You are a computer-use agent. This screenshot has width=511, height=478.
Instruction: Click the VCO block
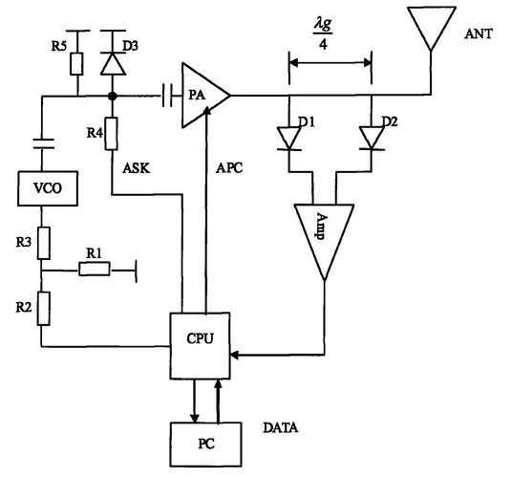click(48, 188)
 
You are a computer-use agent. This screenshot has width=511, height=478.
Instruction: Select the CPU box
click(200, 346)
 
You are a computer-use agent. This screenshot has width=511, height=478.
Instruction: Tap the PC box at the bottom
click(206, 445)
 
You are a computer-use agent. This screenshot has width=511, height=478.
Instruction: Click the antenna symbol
click(431, 29)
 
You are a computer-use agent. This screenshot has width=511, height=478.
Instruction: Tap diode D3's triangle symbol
click(113, 64)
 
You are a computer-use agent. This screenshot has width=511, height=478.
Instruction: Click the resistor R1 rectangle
click(95, 269)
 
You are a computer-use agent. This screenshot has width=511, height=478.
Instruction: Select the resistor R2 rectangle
click(43, 309)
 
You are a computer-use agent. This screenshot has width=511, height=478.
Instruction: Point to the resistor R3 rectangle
click(44, 243)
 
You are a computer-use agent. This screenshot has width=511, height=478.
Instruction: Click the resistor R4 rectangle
click(111, 134)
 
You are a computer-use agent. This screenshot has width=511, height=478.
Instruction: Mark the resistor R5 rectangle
click(76, 64)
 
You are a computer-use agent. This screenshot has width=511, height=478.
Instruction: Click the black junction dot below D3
click(113, 96)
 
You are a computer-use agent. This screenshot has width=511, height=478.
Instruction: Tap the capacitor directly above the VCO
click(43, 143)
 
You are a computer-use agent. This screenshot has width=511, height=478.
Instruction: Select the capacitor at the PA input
click(167, 96)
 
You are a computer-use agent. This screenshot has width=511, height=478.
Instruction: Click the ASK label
click(137, 168)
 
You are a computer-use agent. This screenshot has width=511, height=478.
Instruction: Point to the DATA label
click(281, 427)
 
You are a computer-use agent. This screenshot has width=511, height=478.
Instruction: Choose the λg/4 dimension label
click(323, 34)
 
